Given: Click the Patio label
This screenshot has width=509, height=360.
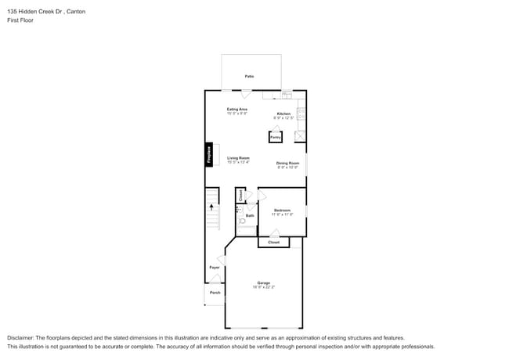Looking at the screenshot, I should coord(249,76).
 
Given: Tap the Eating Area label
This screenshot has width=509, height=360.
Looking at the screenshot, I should coord(237,109).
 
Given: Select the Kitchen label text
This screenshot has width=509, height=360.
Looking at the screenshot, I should coord(283,114).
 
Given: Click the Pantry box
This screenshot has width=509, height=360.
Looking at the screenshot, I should coord(275,137).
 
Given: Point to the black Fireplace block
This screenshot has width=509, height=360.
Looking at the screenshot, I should coord(209,154).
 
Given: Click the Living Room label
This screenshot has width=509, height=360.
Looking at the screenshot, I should coord(238,158).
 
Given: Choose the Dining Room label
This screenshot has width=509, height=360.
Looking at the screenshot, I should coord(287,163).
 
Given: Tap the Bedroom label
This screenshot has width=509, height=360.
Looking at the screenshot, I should coord(282,210).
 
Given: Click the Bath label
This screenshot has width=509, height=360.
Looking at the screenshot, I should coord(250,215).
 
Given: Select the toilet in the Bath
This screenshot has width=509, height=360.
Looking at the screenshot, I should coord(242,221).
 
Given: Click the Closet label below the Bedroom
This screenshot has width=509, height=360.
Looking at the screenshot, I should coord(273,243).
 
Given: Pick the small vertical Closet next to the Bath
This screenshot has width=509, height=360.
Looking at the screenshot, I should coord(240,196).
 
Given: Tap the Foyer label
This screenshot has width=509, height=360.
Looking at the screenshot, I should coord(214,268).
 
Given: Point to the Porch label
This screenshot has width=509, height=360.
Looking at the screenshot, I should coord(215,293).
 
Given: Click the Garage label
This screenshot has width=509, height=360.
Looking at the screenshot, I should coord(263,283).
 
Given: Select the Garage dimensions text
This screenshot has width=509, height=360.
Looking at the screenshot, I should coord(263,287).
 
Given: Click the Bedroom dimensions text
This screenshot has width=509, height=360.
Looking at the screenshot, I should coord(282,214).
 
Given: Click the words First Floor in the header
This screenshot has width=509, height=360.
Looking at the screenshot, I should coord(20,20).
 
